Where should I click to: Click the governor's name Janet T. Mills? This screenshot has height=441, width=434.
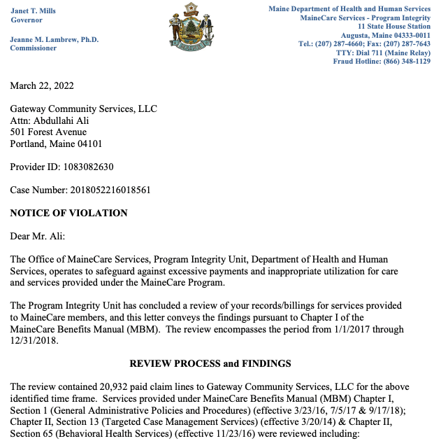(x=33, y=10)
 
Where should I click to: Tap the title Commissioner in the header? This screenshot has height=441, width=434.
(x=33, y=48)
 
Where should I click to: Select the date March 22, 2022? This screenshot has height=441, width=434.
(x=42, y=86)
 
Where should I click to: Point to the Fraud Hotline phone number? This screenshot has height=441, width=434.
(x=403, y=61)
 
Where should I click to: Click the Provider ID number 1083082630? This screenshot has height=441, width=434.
(x=86, y=167)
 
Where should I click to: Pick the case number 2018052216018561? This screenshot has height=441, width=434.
(x=106, y=190)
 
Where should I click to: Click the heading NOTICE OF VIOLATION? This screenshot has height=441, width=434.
(x=68, y=213)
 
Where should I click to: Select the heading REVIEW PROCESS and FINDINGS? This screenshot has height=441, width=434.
(x=210, y=364)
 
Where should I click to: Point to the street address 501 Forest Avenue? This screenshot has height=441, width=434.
(x=48, y=132)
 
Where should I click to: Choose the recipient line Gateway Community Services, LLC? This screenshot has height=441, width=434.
(x=83, y=109)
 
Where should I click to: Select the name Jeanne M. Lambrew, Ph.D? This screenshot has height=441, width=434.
(x=55, y=40)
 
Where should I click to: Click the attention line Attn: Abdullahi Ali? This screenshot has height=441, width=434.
(x=50, y=120)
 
